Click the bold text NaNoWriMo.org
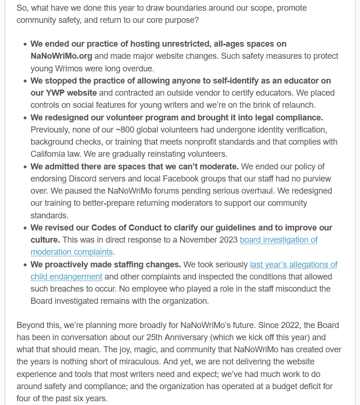(61, 56)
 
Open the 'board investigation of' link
(278, 240)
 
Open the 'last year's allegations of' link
(293, 265)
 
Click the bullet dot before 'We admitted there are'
(25, 167)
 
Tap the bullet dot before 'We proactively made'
(25, 265)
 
